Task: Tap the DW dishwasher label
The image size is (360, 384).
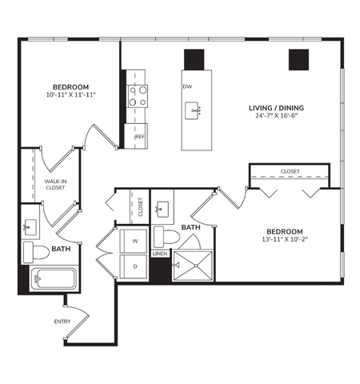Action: click(186, 86)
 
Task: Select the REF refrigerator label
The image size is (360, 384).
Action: click(140, 137)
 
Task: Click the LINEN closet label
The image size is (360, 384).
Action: click(160, 254)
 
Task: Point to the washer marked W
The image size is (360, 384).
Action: click(134, 240)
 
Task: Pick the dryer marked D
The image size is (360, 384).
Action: click(134, 266)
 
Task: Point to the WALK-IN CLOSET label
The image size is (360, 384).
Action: click(54, 186)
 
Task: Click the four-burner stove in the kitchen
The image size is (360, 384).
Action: click(138, 97)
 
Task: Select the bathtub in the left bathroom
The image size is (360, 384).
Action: click(53, 280)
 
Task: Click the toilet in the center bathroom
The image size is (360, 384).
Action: click(167, 236)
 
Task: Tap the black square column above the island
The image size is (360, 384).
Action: click(194, 59)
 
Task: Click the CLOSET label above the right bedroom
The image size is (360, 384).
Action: click(290, 171)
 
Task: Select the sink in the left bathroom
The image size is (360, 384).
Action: click(31, 226)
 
